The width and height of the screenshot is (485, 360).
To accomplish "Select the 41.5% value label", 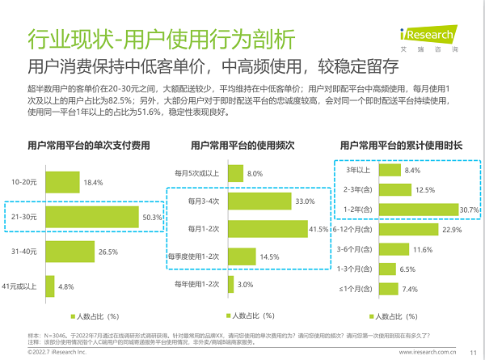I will [x=326, y=230].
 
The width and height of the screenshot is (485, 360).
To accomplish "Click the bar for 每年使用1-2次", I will [x=231, y=284].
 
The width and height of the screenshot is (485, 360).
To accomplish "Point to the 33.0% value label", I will [x=305, y=201].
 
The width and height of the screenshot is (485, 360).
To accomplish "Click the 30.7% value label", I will [x=470, y=210].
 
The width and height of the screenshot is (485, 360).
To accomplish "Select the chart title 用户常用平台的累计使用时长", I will [x=402, y=146].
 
